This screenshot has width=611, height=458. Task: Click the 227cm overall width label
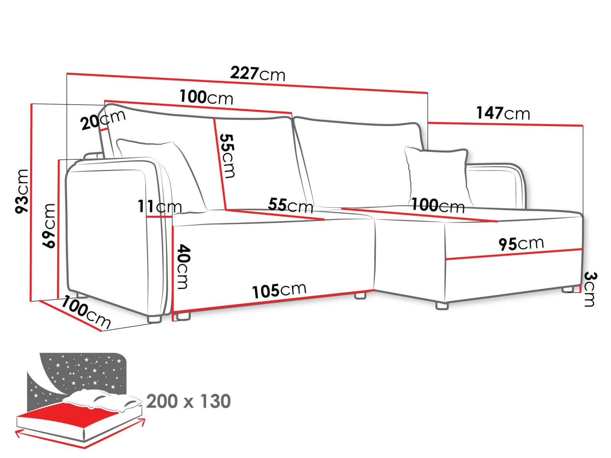click(x=258, y=74)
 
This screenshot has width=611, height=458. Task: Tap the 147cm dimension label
click(x=503, y=113)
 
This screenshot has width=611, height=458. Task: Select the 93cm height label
click(x=22, y=191)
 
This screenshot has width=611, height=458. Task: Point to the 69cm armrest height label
click(x=49, y=225)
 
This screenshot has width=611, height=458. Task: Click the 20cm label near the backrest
click(x=103, y=120)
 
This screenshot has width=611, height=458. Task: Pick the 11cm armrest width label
click(x=160, y=207)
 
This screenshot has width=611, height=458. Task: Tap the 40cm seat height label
click(x=183, y=267)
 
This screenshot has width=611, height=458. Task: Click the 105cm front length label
click(x=279, y=290)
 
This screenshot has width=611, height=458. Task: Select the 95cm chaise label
click(x=521, y=244)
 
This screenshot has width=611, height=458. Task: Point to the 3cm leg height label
click(x=590, y=289)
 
